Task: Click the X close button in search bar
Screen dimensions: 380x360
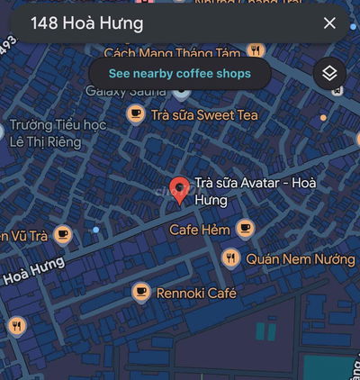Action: click(328, 24)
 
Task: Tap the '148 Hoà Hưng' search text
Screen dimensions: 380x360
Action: click(86, 24)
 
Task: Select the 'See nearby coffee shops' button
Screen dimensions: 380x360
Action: click(180, 73)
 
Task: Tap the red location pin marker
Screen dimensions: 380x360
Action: click(180, 189)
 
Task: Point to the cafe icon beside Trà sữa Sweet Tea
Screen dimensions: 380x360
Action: click(136, 113)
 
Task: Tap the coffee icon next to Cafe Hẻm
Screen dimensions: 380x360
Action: click(244, 229)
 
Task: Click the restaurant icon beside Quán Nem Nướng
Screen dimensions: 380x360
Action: click(231, 259)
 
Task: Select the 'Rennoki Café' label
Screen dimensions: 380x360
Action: click(196, 293)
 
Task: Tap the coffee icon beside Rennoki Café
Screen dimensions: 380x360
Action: click(140, 292)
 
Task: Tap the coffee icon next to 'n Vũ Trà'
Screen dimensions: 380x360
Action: click(62, 235)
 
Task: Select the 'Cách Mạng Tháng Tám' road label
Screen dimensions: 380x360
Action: click(175, 53)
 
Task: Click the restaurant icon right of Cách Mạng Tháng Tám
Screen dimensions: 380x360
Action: click(256, 50)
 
